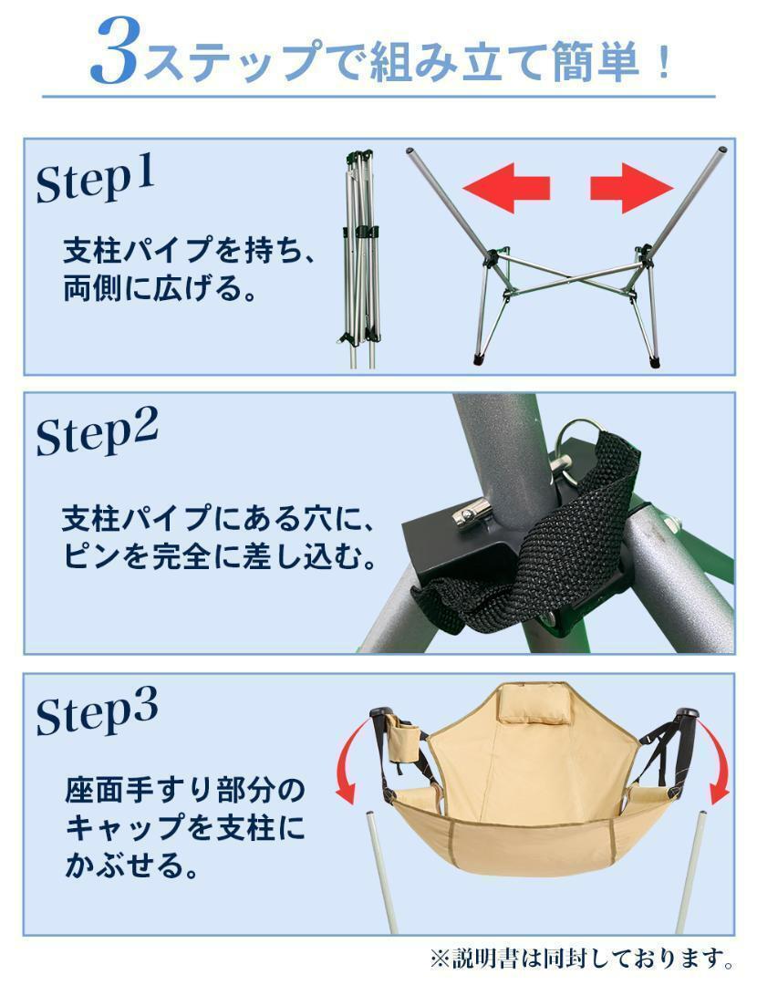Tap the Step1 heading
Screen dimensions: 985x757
point(96,180)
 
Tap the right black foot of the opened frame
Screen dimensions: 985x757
point(654,361)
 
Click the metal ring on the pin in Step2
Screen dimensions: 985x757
point(580,442)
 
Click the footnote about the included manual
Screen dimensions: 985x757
point(583,959)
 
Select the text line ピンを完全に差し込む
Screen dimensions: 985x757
point(220,557)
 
